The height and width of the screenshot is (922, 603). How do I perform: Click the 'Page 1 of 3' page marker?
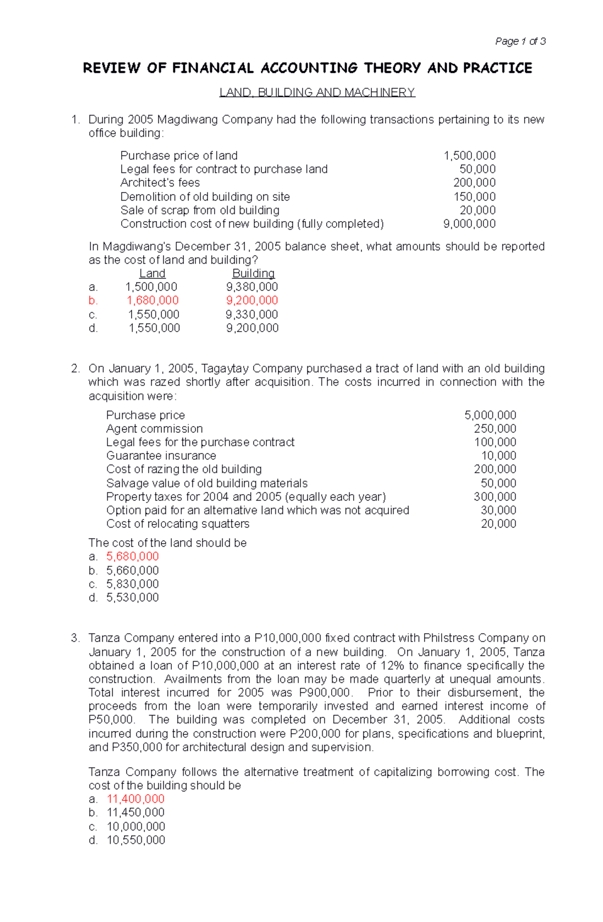click(520, 41)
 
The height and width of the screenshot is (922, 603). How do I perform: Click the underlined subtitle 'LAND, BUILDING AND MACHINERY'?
click(317, 92)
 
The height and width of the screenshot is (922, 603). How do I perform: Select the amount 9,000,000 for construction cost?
click(469, 224)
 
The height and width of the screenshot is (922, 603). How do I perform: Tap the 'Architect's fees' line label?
click(160, 183)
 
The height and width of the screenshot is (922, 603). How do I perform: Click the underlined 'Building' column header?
click(253, 273)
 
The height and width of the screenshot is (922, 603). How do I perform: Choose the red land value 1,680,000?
click(152, 300)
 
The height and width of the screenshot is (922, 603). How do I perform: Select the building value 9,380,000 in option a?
click(252, 287)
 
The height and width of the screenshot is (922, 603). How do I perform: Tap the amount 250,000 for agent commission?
click(495, 429)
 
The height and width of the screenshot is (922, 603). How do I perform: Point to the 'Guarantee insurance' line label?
click(161, 456)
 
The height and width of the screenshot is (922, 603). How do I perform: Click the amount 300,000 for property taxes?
click(495, 497)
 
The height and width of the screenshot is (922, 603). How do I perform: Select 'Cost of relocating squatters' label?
click(177, 524)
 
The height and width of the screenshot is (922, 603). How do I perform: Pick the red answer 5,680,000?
click(132, 557)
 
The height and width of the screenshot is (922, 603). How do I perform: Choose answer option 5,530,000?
click(132, 598)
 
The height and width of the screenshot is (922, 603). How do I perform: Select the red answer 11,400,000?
click(136, 799)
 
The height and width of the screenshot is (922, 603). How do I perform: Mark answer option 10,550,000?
click(136, 840)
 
